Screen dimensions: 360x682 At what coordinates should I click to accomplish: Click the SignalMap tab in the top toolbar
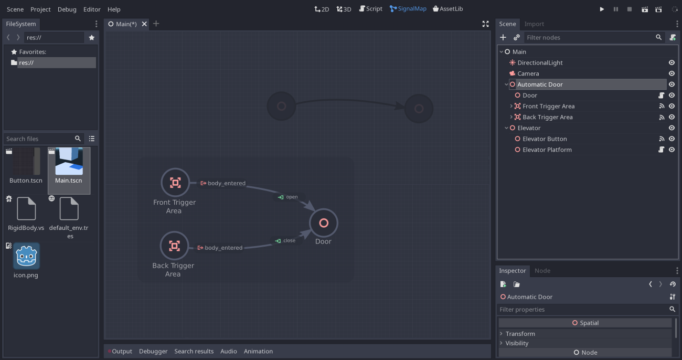pyautogui.click(x=408, y=9)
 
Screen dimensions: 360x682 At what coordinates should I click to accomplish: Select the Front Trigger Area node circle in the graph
pyautogui.click(x=175, y=183)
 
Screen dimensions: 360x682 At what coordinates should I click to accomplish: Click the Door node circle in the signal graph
pyautogui.click(x=324, y=223)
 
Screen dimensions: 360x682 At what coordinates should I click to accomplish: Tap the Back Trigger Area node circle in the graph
pyautogui.click(x=174, y=246)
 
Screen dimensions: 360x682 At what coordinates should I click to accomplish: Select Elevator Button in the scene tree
pyautogui.click(x=545, y=139)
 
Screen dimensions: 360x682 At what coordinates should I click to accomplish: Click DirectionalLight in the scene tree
pyautogui.click(x=540, y=63)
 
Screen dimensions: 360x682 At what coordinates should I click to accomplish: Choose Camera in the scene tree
pyautogui.click(x=528, y=73)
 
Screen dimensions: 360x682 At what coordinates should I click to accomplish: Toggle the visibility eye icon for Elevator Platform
pyautogui.click(x=672, y=150)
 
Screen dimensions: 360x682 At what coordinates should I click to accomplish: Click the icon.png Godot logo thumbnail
pyautogui.click(x=26, y=256)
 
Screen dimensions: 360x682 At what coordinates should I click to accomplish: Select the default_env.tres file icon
pyautogui.click(x=69, y=209)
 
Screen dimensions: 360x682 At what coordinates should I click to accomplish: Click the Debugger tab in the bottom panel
pyautogui.click(x=153, y=352)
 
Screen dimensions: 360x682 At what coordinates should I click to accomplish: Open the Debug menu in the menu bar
pyautogui.click(x=67, y=9)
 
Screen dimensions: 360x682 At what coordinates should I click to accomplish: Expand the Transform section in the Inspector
pyautogui.click(x=520, y=334)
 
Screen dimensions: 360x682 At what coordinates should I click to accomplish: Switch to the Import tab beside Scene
pyautogui.click(x=534, y=24)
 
